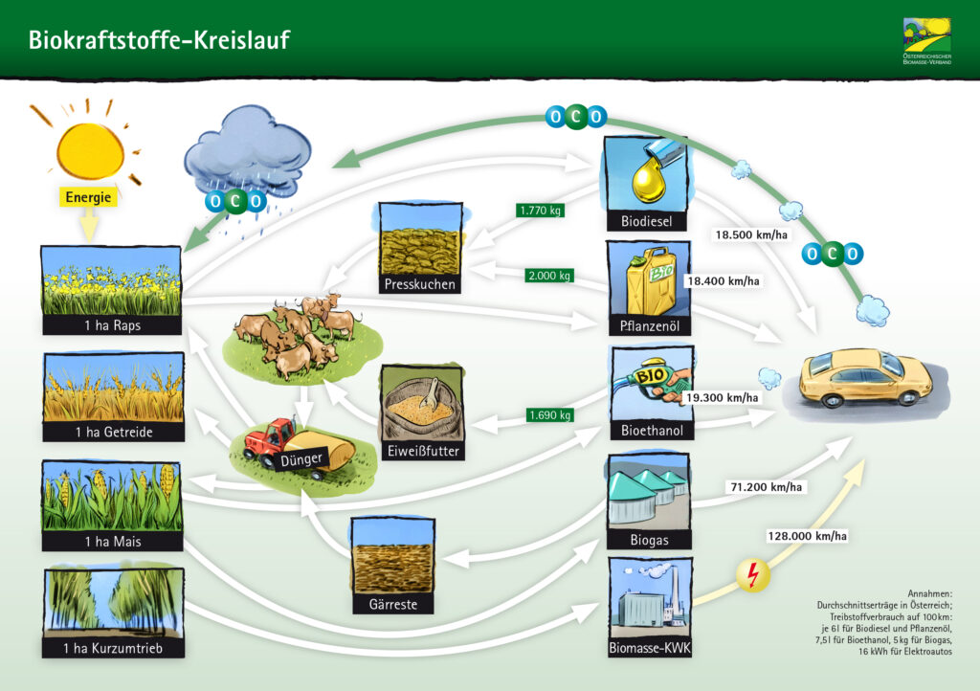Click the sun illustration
click(x=90, y=145)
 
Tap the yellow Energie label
click(x=90, y=198)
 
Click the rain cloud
click(x=247, y=153)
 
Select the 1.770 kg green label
click(x=539, y=211)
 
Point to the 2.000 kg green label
click(x=549, y=276)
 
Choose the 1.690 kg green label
click(x=549, y=415)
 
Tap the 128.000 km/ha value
click(x=805, y=535)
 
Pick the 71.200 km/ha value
click(x=767, y=487)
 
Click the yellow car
click(x=866, y=377)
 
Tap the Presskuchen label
click(x=420, y=284)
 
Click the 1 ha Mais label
click(x=112, y=541)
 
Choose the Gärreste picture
click(x=393, y=556)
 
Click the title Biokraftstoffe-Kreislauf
click(x=159, y=40)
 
